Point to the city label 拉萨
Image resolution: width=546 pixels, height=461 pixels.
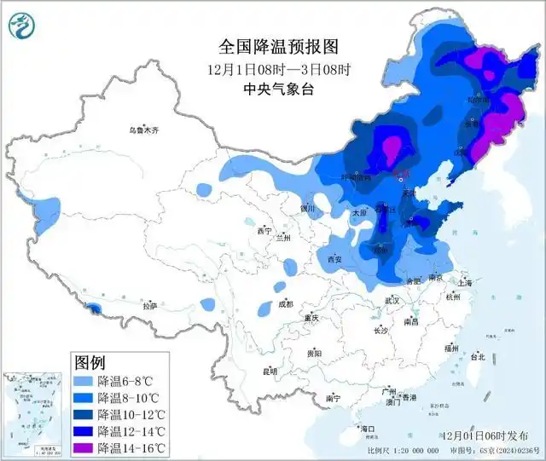pos(150,305)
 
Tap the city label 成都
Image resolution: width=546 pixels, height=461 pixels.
pos(284,304)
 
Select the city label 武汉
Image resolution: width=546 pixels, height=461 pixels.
pos(392,301)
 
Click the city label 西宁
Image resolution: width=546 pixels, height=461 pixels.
pos(264,231)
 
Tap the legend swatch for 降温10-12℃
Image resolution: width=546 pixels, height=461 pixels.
pos(84,414)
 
